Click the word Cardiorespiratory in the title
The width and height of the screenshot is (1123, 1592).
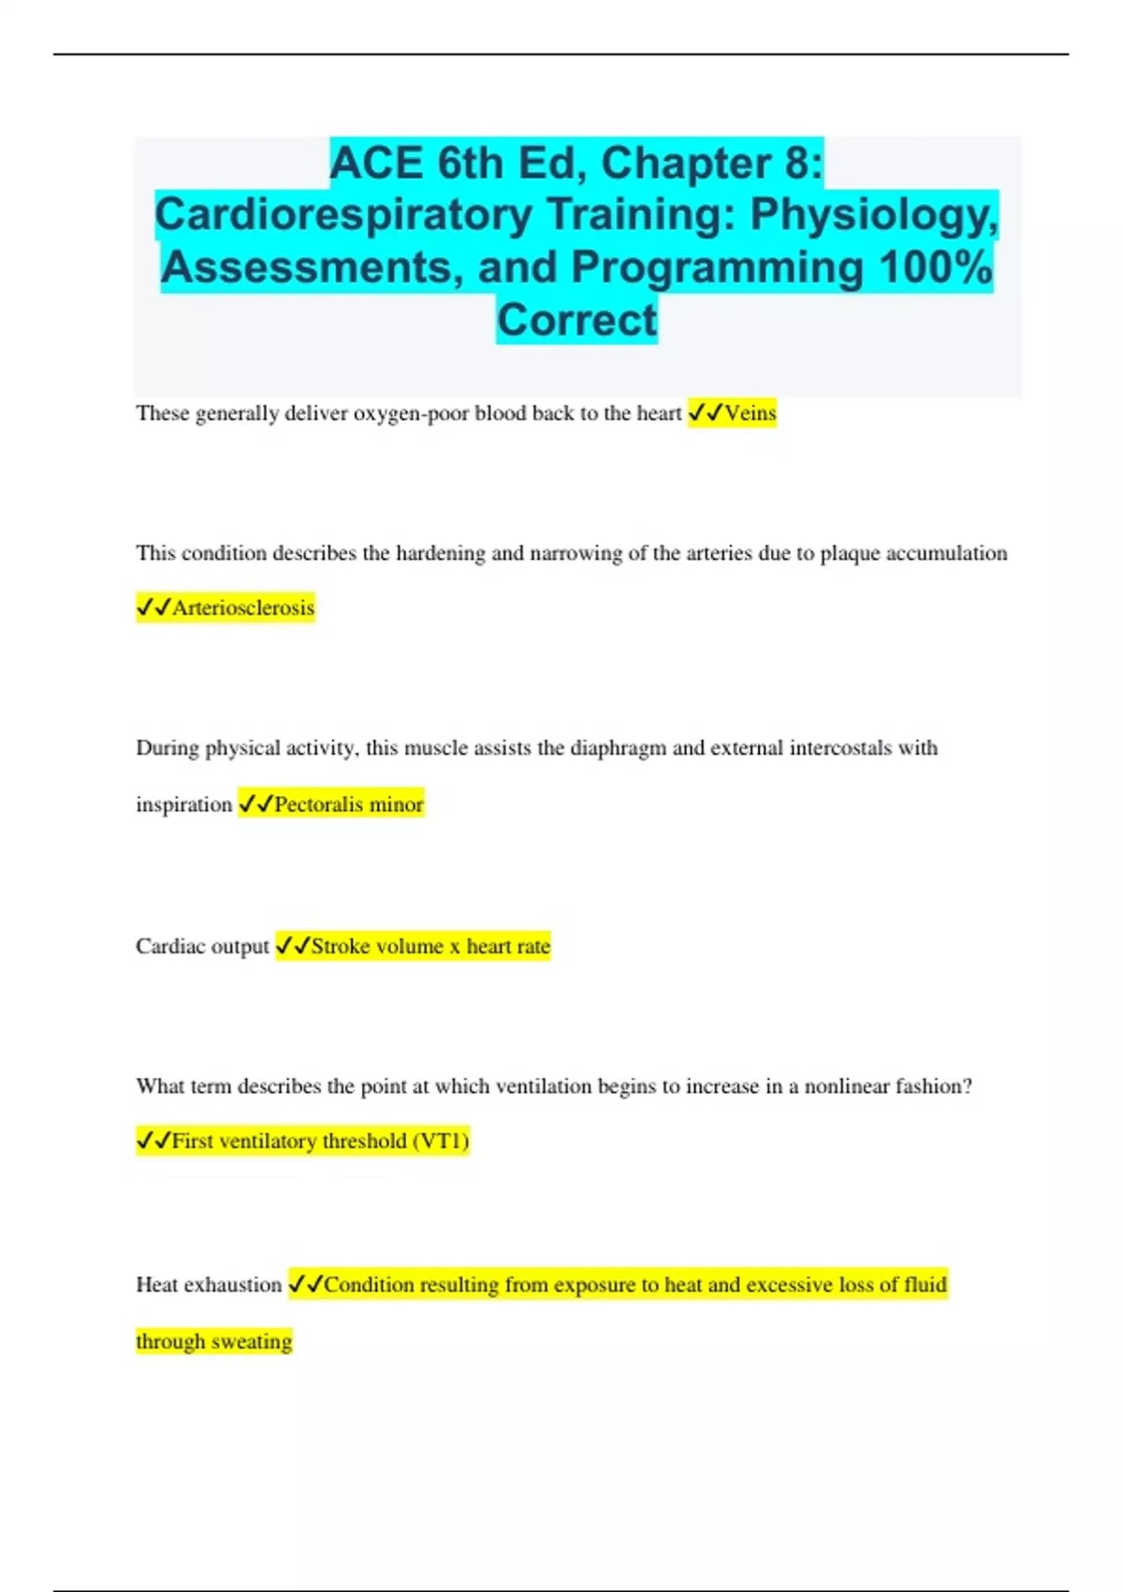point(343,214)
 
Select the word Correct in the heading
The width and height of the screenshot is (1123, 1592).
point(576,320)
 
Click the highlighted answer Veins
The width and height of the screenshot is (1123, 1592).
point(751,413)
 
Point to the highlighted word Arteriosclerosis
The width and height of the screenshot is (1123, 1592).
point(242,608)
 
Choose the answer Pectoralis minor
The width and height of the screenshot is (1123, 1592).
point(348,804)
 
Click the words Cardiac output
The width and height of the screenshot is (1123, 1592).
point(202,947)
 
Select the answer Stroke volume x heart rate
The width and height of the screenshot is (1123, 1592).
point(430,947)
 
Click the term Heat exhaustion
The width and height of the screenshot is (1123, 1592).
point(209,1285)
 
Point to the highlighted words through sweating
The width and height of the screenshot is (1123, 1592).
point(214,1342)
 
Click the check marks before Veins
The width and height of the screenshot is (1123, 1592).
point(706,413)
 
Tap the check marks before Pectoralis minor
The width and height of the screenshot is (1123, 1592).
point(255,804)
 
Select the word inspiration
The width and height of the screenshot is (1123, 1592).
point(183,804)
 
